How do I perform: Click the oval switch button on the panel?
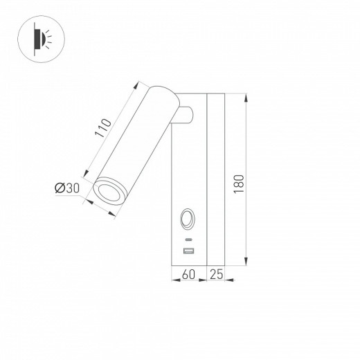[x=188, y=221]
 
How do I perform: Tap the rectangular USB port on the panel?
[x=188, y=250]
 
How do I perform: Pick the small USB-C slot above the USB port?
[x=188, y=239]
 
